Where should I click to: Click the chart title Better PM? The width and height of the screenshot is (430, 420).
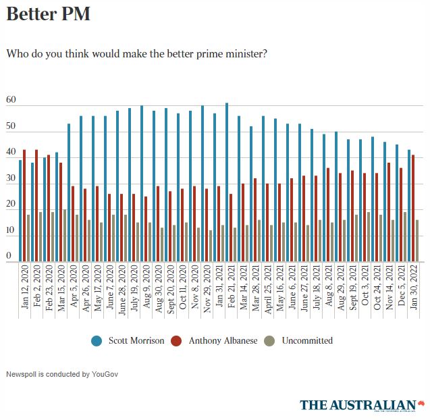tap(48, 14)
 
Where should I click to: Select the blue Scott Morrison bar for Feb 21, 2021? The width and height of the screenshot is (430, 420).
tap(227, 182)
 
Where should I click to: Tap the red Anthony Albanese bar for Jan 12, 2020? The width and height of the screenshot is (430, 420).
tap(24, 205)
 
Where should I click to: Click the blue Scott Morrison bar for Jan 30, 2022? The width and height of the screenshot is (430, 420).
tap(409, 205)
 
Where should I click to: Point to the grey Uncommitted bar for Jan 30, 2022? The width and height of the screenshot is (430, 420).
tap(417, 240)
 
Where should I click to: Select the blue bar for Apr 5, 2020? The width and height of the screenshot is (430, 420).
tap(69, 192)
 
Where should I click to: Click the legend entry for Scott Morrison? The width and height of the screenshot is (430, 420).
tap(128, 340)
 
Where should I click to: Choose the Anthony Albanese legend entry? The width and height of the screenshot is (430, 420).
tap(215, 340)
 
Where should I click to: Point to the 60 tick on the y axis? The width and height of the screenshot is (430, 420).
tap(11, 100)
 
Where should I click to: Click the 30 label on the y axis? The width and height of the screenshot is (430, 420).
tap(11, 178)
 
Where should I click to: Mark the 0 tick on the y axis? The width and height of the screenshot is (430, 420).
tap(9, 256)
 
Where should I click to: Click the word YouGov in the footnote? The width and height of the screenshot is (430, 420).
tap(103, 373)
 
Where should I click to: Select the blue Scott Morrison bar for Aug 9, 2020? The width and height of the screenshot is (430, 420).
tap(142, 183)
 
